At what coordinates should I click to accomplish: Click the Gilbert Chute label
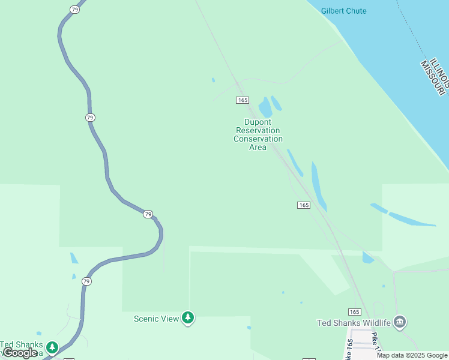tap(343, 11)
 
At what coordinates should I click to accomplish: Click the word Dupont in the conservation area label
tap(258, 122)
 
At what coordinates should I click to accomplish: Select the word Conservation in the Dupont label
tap(258, 139)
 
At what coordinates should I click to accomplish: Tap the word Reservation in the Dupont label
tap(258, 130)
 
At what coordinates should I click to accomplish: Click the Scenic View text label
tap(156, 319)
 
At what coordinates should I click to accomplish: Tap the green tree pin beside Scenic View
tap(188, 317)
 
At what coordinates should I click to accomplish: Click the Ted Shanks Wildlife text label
tap(354, 323)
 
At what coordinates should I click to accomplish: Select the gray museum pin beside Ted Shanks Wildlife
tap(400, 322)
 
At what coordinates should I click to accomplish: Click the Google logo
tap(20, 353)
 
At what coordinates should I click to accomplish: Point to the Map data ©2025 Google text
tap(412, 355)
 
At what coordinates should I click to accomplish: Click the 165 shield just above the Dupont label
tap(243, 100)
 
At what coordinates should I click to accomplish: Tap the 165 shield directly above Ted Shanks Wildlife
tap(354, 311)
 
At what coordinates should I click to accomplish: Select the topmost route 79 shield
tap(74, 10)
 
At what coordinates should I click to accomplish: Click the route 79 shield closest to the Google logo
tap(87, 281)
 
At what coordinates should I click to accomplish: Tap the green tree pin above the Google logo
tap(53, 347)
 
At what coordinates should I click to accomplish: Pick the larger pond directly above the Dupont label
tap(265, 108)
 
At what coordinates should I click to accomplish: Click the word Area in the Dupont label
tap(258, 147)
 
